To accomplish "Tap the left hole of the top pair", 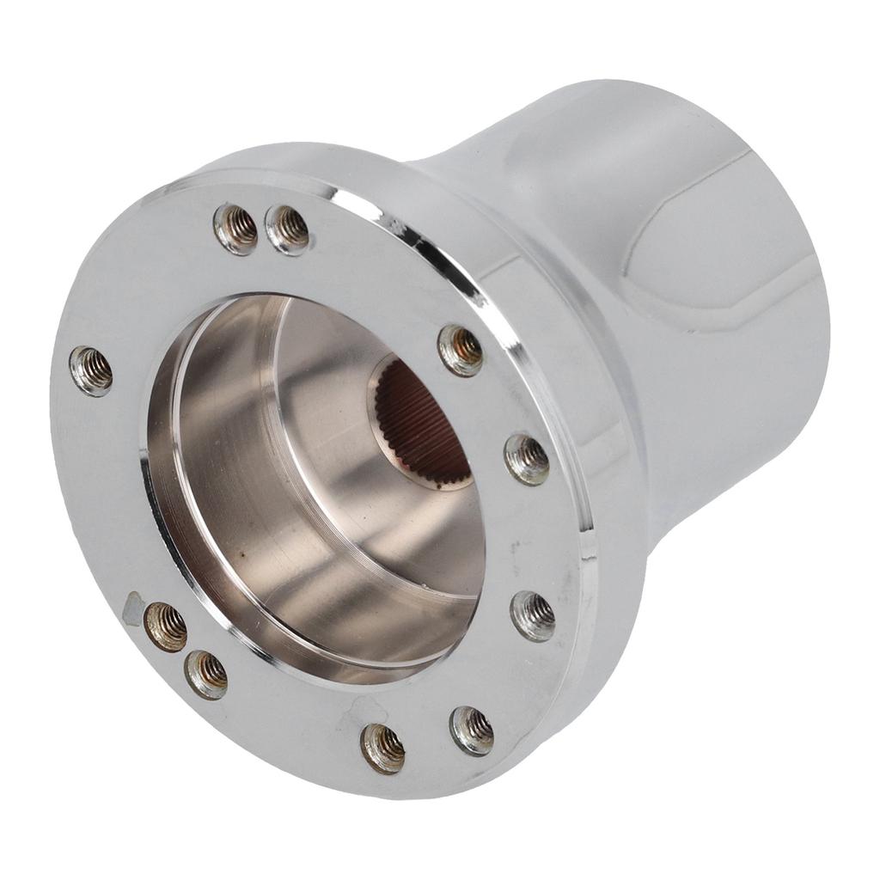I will (x=235, y=228).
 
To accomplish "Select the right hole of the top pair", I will (x=287, y=229).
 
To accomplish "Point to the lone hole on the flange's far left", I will (x=91, y=370).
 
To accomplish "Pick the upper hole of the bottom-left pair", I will (x=166, y=626).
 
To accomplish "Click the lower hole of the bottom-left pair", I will (x=206, y=674).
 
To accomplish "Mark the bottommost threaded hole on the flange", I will (x=382, y=747).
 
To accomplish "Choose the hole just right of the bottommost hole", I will (x=472, y=730).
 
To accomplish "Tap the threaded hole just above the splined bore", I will (x=461, y=349).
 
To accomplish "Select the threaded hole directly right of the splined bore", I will (x=526, y=459).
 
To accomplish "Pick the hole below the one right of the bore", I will (x=533, y=614).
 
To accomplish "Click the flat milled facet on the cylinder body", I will (x=722, y=249).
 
